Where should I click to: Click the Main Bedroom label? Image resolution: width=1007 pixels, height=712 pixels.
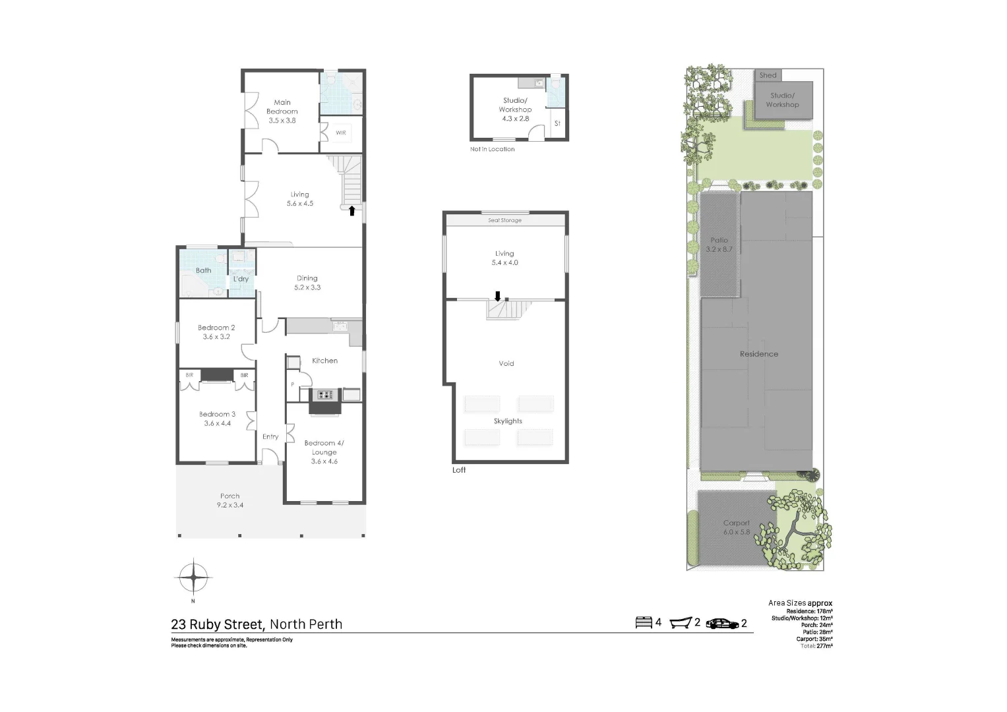click(282, 111)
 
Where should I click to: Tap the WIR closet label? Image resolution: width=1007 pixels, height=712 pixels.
click(341, 133)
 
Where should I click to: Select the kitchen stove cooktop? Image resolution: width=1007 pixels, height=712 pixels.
click(325, 395)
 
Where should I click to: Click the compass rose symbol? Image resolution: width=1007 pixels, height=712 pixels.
click(193, 578)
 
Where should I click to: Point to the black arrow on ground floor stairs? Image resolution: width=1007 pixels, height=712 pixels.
click(351, 211)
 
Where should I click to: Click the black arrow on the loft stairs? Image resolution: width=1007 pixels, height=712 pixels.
click(498, 296)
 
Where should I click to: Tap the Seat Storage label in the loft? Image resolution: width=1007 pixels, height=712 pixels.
click(504, 220)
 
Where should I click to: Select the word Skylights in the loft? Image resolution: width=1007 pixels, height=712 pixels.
click(508, 421)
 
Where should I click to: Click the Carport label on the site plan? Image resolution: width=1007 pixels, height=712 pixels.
click(736, 527)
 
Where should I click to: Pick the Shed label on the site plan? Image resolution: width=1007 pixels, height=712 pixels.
click(768, 75)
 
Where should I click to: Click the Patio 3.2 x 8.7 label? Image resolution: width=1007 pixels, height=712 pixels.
click(719, 245)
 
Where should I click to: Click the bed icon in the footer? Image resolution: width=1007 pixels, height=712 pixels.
click(643, 622)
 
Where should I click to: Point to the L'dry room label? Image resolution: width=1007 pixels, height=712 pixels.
click(241, 279)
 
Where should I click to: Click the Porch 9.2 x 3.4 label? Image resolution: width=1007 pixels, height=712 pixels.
click(229, 500)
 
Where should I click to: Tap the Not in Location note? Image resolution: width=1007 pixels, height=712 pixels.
click(492, 149)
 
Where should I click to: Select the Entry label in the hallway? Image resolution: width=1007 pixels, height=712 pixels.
click(270, 436)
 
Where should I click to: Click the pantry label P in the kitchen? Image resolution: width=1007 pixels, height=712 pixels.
click(292, 384)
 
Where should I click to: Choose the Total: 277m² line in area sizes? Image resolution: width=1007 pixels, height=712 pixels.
click(816, 646)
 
